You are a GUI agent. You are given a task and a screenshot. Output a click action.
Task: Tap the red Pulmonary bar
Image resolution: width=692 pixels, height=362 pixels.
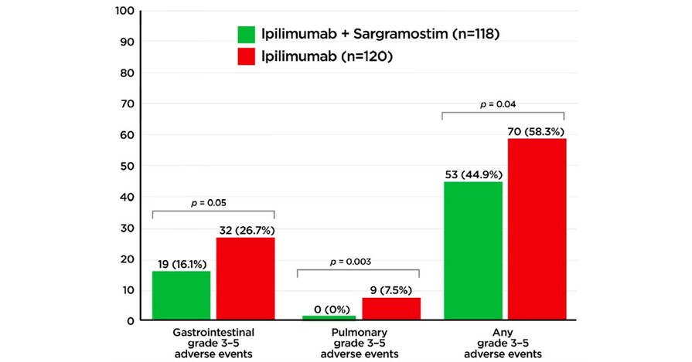(390, 309)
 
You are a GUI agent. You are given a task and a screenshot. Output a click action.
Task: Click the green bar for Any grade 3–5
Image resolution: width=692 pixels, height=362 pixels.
(472, 251)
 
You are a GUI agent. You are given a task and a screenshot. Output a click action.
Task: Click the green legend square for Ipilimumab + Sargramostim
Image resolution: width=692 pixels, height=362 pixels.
(247, 34)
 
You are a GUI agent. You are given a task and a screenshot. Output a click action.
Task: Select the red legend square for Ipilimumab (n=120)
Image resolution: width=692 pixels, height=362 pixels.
(247, 56)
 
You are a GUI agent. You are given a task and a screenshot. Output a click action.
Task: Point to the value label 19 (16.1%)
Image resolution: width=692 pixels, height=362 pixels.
(180, 263)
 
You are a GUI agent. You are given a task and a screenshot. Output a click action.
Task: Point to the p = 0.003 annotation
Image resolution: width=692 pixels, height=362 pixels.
(357, 262)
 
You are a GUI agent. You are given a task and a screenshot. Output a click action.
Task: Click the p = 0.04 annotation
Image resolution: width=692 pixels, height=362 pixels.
(503, 103)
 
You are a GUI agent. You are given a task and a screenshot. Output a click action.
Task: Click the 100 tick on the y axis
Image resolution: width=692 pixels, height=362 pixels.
(124, 12)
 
